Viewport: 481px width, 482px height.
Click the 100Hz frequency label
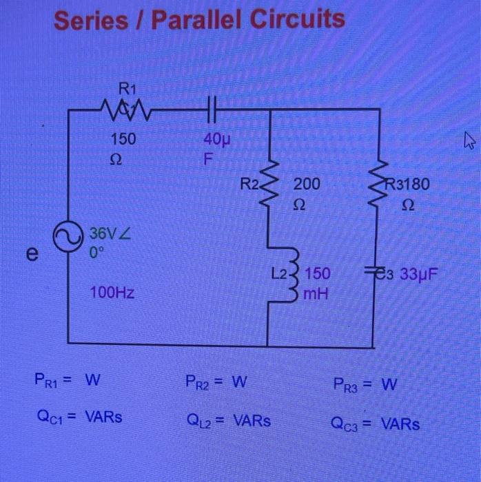pyautogui.click(x=112, y=294)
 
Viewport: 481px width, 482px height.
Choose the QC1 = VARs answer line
pyautogui.click(x=77, y=416)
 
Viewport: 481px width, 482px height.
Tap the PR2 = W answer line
pyautogui.click(x=216, y=381)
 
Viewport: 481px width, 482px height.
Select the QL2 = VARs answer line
pyautogui.click(x=227, y=419)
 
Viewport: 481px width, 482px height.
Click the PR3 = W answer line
pyautogui.click(x=365, y=384)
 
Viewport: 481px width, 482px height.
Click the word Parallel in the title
pyautogui.click(x=203, y=21)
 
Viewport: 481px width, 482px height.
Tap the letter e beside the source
pyautogui.click(x=32, y=254)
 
